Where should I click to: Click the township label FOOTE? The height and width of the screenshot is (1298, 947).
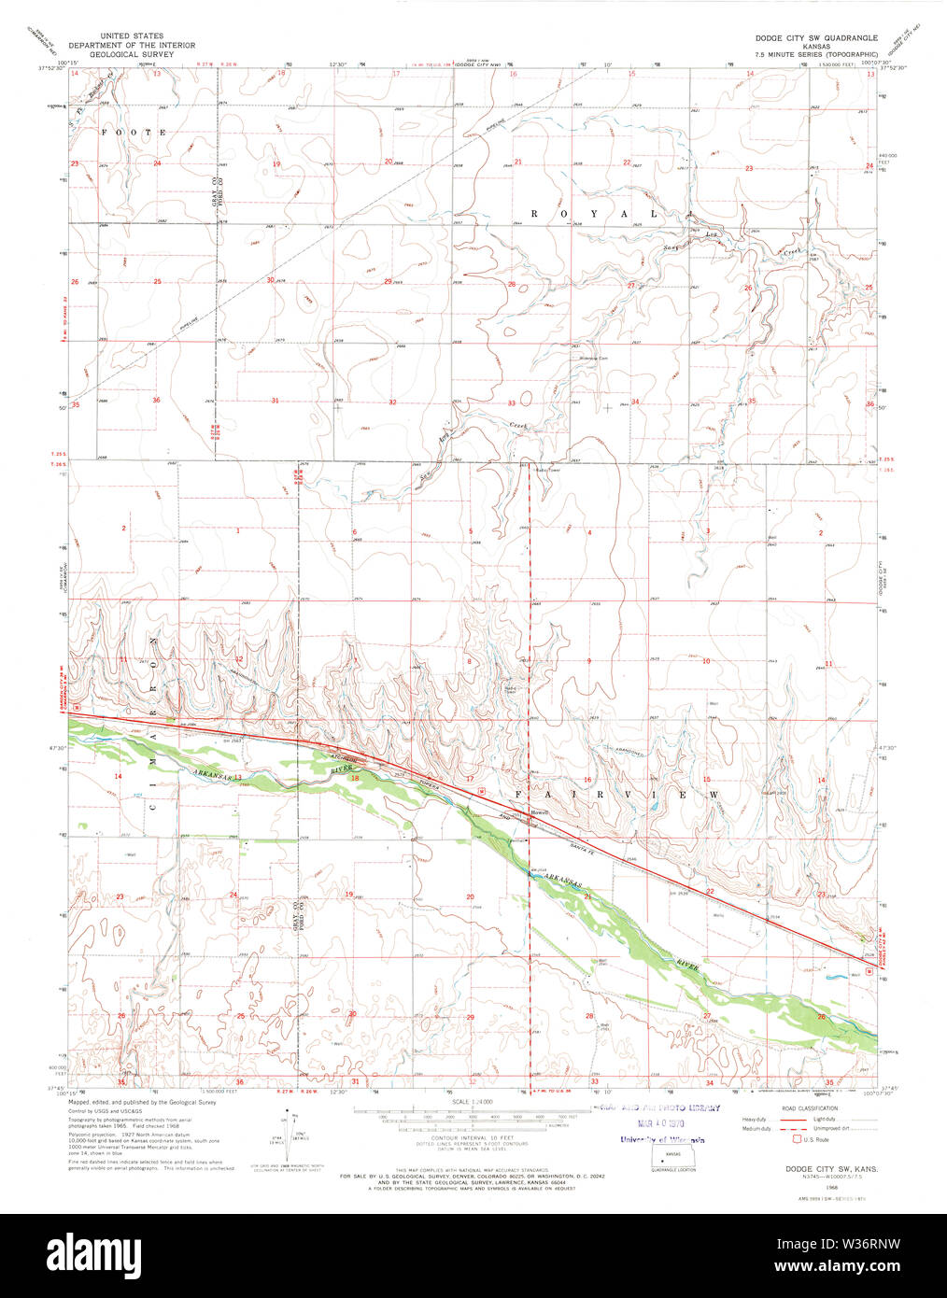click(134, 133)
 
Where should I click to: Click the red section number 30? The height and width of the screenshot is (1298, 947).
click(271, 280)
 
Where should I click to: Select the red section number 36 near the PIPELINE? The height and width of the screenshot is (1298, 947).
click(156, 401)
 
